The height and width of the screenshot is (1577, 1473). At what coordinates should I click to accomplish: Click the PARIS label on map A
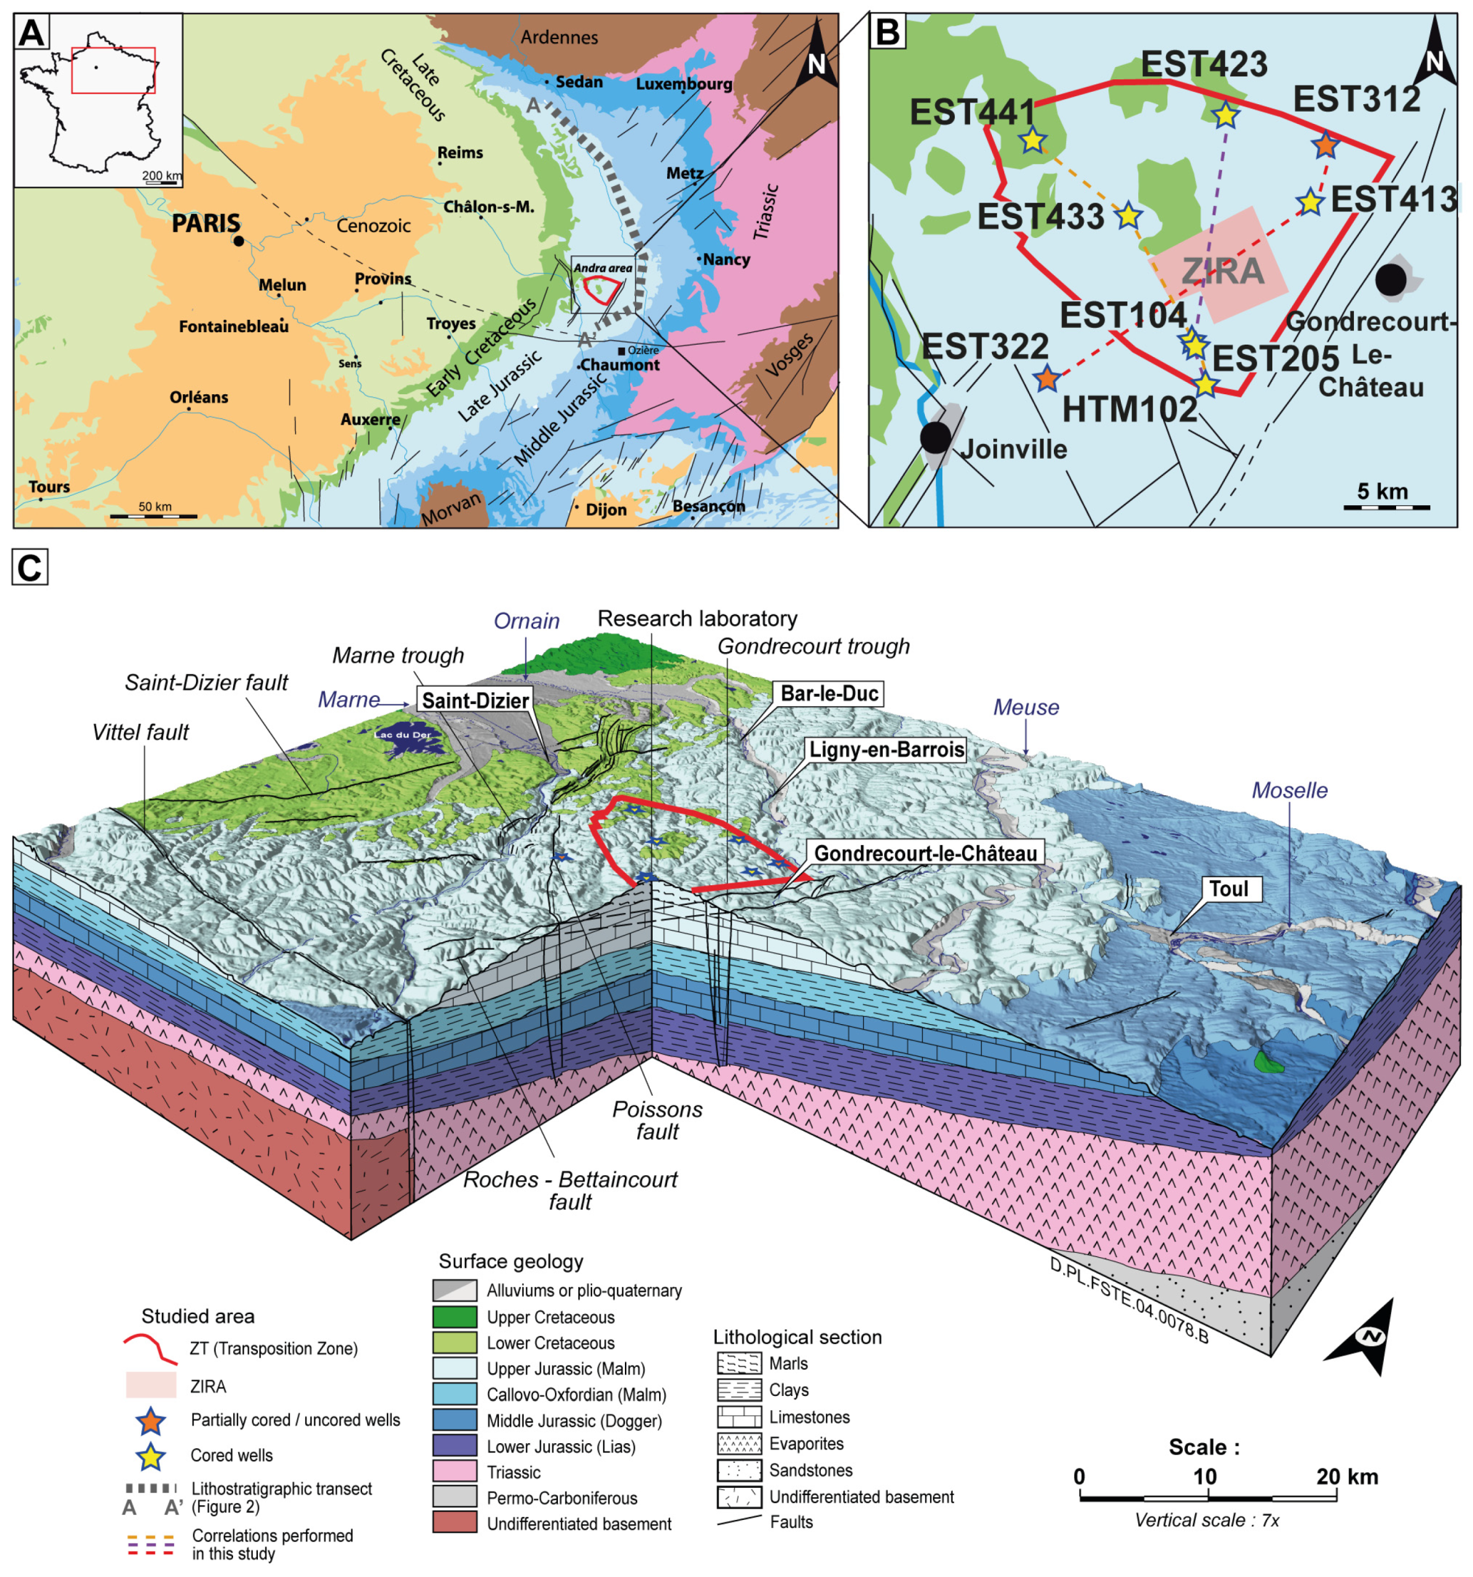205,223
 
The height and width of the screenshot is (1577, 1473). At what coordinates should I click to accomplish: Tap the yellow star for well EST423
1226,116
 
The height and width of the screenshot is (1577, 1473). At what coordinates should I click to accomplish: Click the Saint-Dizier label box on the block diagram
475,700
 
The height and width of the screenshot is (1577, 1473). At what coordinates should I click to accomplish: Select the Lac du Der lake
405,737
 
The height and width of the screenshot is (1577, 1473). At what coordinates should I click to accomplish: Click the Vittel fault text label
140,732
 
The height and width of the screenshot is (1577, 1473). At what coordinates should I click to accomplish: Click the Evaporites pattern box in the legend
738,1443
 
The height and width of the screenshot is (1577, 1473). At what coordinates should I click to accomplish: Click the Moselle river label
1289,790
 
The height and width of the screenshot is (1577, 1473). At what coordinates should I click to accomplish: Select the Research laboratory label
697,618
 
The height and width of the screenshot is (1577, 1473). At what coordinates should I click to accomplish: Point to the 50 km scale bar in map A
153,516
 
